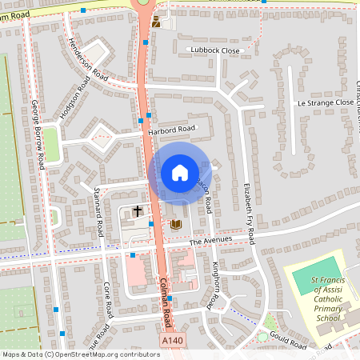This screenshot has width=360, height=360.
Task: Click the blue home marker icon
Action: (179, 172)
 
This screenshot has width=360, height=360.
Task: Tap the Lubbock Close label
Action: (215, 50)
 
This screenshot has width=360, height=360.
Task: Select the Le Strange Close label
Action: (324, 103)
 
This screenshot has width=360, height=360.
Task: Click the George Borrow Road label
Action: (37, 134)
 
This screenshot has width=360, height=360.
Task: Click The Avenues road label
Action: (210, 240)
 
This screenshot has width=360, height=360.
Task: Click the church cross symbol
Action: (137, 211)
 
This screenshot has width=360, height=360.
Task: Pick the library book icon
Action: (175, 225)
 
